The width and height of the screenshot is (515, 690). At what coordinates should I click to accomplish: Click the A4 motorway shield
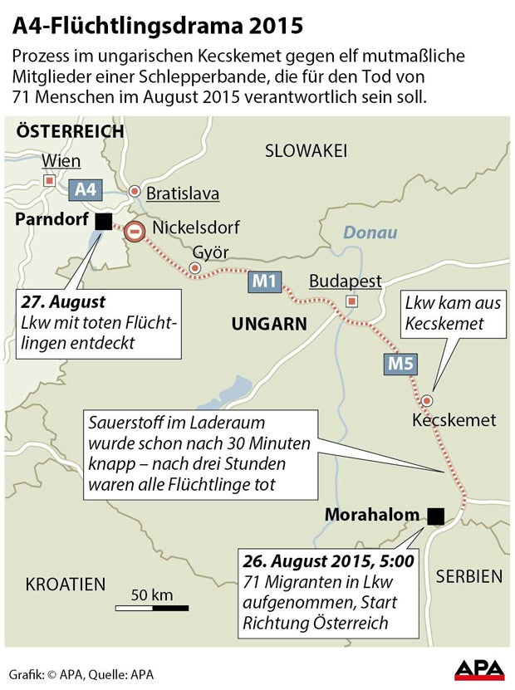click(x=86, y=189)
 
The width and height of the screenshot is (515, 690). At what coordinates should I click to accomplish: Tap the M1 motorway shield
click(x=264, y=281)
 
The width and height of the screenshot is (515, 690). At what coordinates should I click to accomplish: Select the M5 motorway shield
click(x=397, y=362)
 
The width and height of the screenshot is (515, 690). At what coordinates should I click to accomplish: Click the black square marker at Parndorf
click(x=103, y=221)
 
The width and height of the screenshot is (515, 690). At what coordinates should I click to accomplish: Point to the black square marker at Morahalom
click(x=434, y=516)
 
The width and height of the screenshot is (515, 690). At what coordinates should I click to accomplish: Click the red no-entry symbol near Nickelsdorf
click(x=136, y=232)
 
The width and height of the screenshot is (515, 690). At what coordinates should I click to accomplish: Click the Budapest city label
click(x=345, y=281)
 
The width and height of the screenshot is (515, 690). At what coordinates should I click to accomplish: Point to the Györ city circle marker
click(x=194, y=269)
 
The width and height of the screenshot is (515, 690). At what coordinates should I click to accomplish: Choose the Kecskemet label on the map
click(x=454, y=420)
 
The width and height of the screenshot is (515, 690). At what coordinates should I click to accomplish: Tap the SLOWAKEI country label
click(x=305, y=150)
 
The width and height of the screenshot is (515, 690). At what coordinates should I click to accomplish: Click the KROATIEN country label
click(x=66, y=584)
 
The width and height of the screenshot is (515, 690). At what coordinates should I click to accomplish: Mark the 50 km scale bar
click(x=151, y=608)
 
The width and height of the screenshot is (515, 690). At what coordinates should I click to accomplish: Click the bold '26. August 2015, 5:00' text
click(x=328, y=560)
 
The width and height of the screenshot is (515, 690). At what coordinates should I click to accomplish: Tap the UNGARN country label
click(x=269, y=323)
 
